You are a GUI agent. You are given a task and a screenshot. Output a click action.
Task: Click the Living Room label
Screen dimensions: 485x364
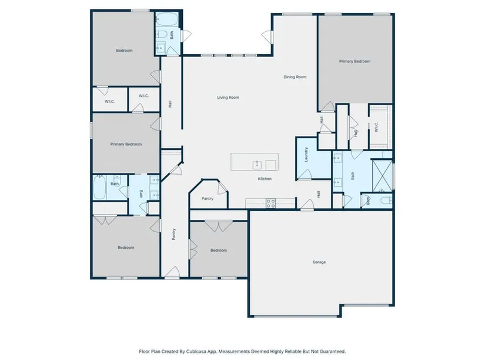pyautogui.click(x=228, y=98)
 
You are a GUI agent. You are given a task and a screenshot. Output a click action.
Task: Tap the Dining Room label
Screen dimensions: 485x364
pyautogui.click(x=295, y=77)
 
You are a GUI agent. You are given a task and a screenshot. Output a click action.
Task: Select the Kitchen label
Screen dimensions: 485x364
pyautogui.click(x=265, y=179)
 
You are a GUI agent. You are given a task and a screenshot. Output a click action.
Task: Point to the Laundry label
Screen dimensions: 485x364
pyautogui.click(x=306, y=155)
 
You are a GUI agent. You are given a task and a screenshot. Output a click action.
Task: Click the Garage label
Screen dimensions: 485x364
pyautogui.click(x=319, y=262)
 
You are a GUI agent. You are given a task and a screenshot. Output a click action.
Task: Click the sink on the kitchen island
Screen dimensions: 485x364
pyautogui.click(x=257, y=165)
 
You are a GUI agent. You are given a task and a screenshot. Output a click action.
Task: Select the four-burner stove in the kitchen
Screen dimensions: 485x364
pyautogui.click(x=271, y=203)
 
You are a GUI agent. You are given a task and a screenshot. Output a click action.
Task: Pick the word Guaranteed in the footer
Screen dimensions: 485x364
pyautogui.click(x=334, y=352)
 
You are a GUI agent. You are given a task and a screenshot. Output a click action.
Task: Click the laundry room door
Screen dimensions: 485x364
pyautogui.click(x=305, y=175)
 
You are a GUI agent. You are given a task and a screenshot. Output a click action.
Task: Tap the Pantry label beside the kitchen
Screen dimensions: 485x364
pyautogui.click(x=208, y=199)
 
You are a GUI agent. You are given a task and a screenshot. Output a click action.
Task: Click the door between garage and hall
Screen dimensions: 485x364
pyautogui.click(x=307, y=205)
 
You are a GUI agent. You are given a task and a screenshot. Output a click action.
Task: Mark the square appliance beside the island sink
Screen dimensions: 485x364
pyautogui.click(x=271, y=165)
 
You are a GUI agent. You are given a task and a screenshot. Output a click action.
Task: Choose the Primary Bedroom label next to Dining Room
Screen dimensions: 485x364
pyautogui.click(x=354, y=61)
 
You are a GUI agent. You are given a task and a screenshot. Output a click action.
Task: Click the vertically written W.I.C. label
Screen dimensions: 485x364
pyautogui.click(x=376, y=127)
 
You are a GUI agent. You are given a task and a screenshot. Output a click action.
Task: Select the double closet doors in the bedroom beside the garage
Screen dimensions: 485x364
pyautogui.click(x=218, y=226)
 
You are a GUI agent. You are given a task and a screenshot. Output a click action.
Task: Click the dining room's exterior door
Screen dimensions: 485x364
pyautogui.click(x=267, y=37)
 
